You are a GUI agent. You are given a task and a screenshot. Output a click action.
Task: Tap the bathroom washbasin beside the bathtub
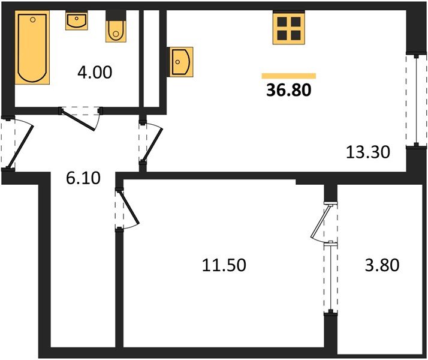pyautogui.click(x=76, y=22)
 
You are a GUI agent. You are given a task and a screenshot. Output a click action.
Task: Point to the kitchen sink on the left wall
pyautogui.click(x=180, y=61)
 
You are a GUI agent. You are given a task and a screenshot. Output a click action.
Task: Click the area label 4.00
pyautogui.click(x=94, y=73)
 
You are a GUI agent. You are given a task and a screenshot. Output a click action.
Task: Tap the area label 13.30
pyautogui.click(x=368, y=152)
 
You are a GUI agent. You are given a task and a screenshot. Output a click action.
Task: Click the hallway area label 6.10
pyautogui.click(x=82, y=178)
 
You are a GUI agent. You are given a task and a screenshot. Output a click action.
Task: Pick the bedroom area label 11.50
pyautogui.click(x=224, y=265)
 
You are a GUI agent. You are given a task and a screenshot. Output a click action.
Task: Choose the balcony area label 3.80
pyautogui.click(x=382, y=265)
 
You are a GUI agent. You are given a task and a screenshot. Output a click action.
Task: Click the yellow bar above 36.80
pyautogui.click(x=288, y=76)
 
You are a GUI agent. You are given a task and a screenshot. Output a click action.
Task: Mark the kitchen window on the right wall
pyautogui.click(x=412, y=100)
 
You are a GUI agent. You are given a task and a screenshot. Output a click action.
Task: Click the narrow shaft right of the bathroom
pyautogui.click(x=152, y=57)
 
